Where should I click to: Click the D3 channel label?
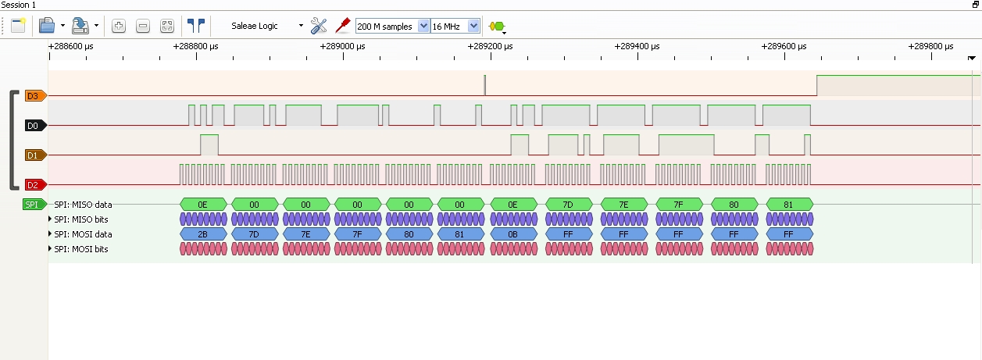33,96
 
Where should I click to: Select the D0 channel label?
33,125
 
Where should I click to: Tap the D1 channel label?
33,155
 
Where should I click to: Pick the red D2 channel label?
33,185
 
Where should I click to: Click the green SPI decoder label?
32,205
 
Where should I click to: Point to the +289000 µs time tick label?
342,47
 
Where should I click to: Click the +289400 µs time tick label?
637,47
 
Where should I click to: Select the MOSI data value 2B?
202,233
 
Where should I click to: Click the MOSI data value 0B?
513,233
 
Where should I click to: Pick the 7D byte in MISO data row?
568,205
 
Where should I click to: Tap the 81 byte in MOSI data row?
459,233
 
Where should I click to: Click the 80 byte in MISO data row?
734,205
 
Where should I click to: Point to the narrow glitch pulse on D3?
485,85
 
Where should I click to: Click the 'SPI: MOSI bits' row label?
81,248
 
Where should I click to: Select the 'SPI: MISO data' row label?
83,205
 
